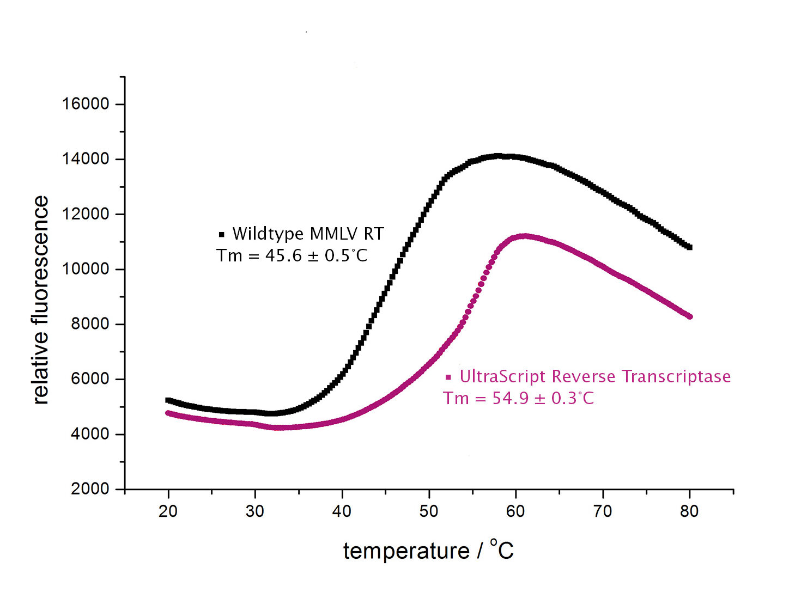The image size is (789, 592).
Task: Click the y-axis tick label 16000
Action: coord(86,103)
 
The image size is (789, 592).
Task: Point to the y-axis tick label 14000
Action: coord(86,158)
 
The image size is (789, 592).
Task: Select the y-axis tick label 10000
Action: coord(86,268)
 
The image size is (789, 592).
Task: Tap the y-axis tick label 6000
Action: coord(90,379)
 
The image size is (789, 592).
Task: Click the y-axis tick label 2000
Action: coord(90,489)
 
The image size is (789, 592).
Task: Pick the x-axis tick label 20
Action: coord(168,511)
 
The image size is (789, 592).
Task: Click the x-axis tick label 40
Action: coord(342,511)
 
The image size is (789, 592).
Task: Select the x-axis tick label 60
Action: coord(515,511)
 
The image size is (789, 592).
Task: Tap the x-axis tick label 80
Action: coord(689,511)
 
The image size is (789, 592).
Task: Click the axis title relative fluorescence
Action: coord(41,300)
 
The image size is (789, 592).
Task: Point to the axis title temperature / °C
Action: coord(428,550)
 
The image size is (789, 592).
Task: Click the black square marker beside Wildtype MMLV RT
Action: coord(221,235)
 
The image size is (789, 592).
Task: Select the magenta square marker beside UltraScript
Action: coord(448,377)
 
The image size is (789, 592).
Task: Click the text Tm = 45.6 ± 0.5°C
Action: coord(292,255)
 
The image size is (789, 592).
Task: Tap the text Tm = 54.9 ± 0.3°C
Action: coord(518,398)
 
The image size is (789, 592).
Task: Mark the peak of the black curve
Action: coord(498,156)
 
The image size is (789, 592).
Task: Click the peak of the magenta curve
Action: coord(524,236)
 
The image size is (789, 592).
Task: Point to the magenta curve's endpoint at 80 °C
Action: coord(690,316)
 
